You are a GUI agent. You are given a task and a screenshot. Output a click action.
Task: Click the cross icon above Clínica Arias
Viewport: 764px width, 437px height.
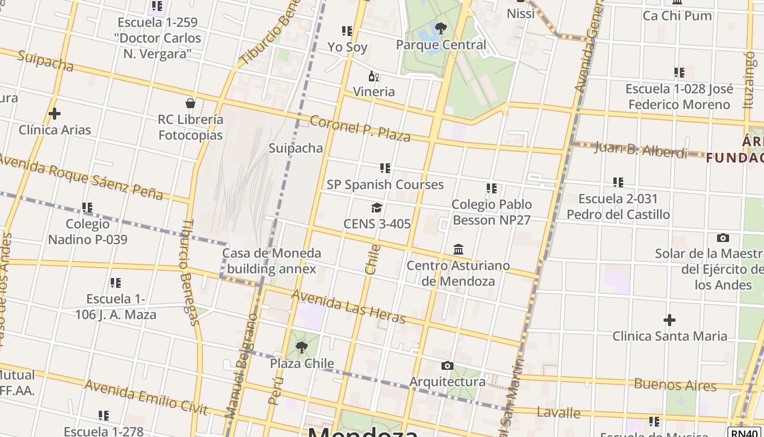pyautogui.click(x=54, y=114)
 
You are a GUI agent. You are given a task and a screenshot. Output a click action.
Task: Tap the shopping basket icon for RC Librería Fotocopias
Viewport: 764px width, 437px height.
pyautogui.click(x=190, y=103)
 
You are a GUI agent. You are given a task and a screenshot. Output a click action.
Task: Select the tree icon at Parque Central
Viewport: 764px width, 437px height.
pyautogui.click(x=441, y=28)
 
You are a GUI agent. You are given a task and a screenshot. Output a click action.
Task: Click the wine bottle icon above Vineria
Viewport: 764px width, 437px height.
pyautogui.click(x=374, y=76)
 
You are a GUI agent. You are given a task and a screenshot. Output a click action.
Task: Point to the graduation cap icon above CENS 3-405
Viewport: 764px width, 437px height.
pyautogui.click(x=377, y=208)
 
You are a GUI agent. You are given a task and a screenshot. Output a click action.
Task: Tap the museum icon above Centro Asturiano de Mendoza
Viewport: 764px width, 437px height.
pyautogui.click(x=458, y=249)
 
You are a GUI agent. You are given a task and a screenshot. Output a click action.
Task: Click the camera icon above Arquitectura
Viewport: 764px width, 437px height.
pyautogui.click(x=447, y=365)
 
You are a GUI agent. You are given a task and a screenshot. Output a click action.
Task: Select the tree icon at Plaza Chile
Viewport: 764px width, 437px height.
pyautogui.click(x=301, y=347)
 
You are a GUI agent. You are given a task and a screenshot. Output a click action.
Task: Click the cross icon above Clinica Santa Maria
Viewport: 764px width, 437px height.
pyautogui.click(x=670, y=320)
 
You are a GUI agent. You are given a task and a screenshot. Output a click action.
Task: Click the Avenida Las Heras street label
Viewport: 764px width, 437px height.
pyautogui.click(x=349, y=306)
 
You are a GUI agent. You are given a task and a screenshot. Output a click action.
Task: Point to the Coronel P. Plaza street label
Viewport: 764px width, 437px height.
pyautogui.click(x=360, y=128)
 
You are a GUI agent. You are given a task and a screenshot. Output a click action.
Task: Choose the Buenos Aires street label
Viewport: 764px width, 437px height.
pyautogui.click(x=675, y=384)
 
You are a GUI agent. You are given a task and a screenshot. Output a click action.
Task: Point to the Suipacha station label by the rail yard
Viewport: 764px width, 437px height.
pyautogui.click(x=296, y=148)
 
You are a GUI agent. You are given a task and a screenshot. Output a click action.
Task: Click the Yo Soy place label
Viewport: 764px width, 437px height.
pyautogui.click(x=347, y=47)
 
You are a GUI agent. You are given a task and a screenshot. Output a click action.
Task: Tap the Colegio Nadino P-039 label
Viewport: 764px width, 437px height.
pyautogui.click(x=87, y=232)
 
